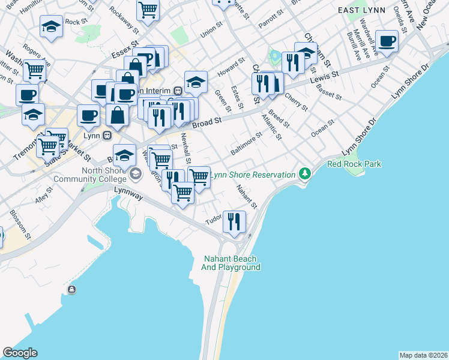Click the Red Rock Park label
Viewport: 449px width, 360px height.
(x=354, y=164)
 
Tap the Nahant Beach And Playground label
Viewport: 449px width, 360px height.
(x=231, y=263)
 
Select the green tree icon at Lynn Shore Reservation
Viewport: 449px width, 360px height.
(x=306, y=174)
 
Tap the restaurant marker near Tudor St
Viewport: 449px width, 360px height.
(x=233, y=221)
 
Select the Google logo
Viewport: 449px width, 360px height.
(x=20, y=352)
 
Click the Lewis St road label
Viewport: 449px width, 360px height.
(x=325, y=78)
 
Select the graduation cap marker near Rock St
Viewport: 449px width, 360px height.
(x=52, y=26)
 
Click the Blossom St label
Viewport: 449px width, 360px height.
(x=19, y=221)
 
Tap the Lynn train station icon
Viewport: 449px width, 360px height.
(x=107, y=134)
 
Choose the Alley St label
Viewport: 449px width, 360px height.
(x=44, y=199)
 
